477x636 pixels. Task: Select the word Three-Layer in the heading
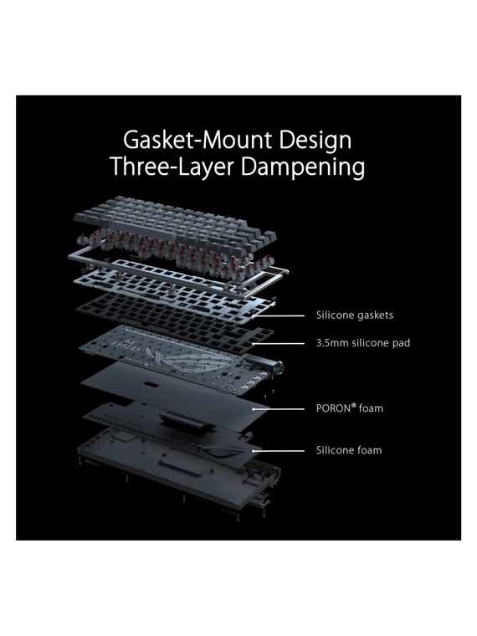pos(172,167)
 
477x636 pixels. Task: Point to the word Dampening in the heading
pos(303,167)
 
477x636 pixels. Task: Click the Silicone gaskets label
pos(355,315)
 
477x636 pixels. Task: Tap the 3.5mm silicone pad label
pos(363,343)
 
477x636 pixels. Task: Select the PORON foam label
pos(349,408)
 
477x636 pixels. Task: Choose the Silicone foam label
pos(349,450)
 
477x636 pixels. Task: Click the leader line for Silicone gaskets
pos(278,315)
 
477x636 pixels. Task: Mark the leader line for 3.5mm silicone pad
pos(278,343)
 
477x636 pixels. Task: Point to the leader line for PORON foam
pos(278,409)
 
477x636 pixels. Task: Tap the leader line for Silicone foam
pos(278,450)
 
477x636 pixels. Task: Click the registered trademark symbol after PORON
pos(353,405)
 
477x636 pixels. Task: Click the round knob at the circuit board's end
pos(279,368)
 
